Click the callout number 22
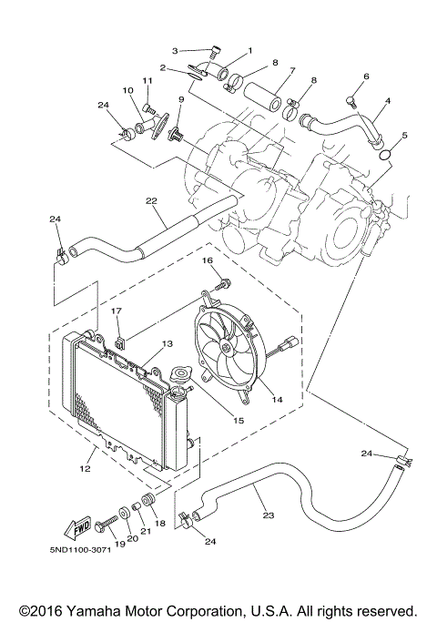151,200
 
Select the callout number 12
86,469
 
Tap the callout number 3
178,50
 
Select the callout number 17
117,311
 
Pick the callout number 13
166,344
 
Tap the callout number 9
182,98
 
